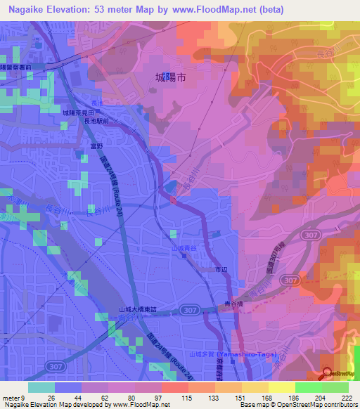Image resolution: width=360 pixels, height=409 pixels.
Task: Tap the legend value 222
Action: [x=347, y=397]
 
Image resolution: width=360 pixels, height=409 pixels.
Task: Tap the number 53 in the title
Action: [x=101, y=10]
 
